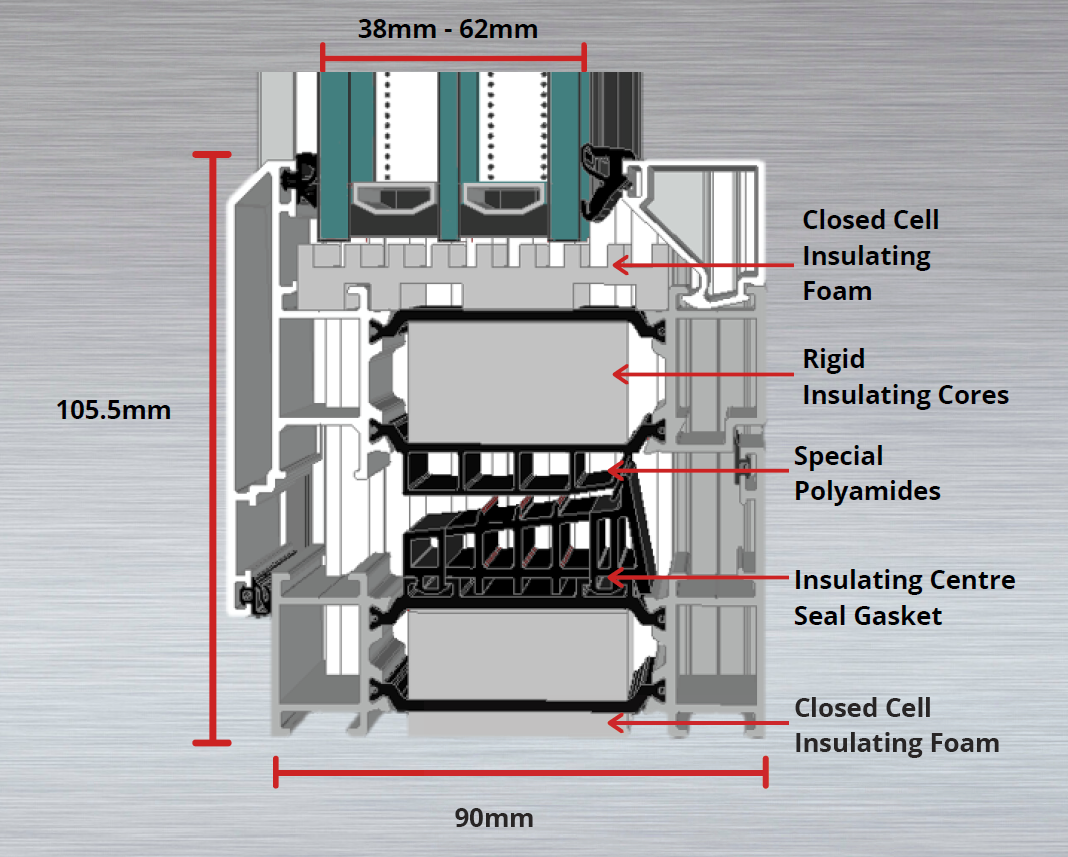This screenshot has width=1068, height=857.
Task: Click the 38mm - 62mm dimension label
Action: point(448,29)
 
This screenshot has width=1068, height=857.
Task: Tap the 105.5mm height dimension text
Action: point(114,410)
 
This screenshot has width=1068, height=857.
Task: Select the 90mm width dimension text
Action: point(494,818)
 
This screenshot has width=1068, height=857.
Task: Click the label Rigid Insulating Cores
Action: point(905,377)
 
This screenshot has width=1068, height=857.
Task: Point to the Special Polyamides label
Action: point(867,473)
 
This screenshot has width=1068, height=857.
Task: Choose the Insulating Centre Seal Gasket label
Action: point(904,597)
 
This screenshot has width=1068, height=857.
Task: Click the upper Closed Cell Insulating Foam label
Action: point(870,255)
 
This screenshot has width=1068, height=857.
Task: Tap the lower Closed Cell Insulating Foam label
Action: point(896,725)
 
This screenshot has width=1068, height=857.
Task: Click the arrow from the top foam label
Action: point(700,265)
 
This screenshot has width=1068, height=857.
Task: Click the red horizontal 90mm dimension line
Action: point(520,771)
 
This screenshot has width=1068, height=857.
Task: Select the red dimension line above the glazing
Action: point(452,57)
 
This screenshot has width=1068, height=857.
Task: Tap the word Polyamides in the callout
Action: point(867,491)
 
